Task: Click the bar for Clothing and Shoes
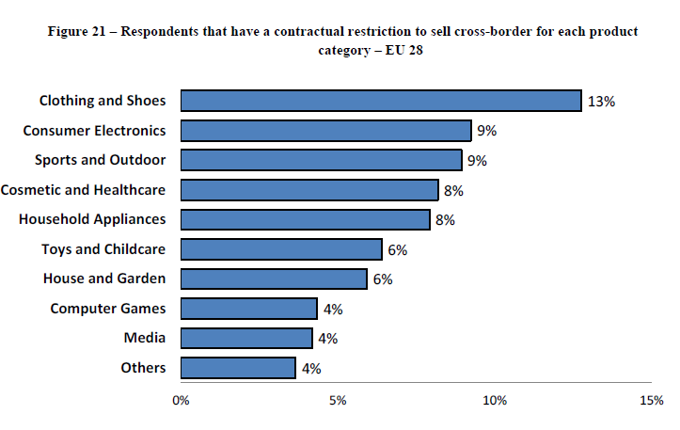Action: (381, 101)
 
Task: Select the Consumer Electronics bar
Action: (325, 131)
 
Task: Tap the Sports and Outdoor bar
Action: (321, 160)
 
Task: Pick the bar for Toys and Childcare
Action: (281, 249)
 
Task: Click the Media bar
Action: (246, 338)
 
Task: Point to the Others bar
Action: (238, 368)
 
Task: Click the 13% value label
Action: (600, 102)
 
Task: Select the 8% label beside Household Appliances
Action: (446, 219)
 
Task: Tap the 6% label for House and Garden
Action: (382, 279)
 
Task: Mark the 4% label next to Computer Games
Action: (332, 309)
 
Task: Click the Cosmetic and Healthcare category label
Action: (83, 190)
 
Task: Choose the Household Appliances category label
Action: (92, 219)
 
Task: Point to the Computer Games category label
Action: (107, 309)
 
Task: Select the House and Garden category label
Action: (104, 279)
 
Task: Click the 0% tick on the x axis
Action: (181, 400)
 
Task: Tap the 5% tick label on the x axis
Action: (338, 400)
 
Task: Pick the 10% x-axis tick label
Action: (495, 400)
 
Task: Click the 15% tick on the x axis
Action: (651, 400)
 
